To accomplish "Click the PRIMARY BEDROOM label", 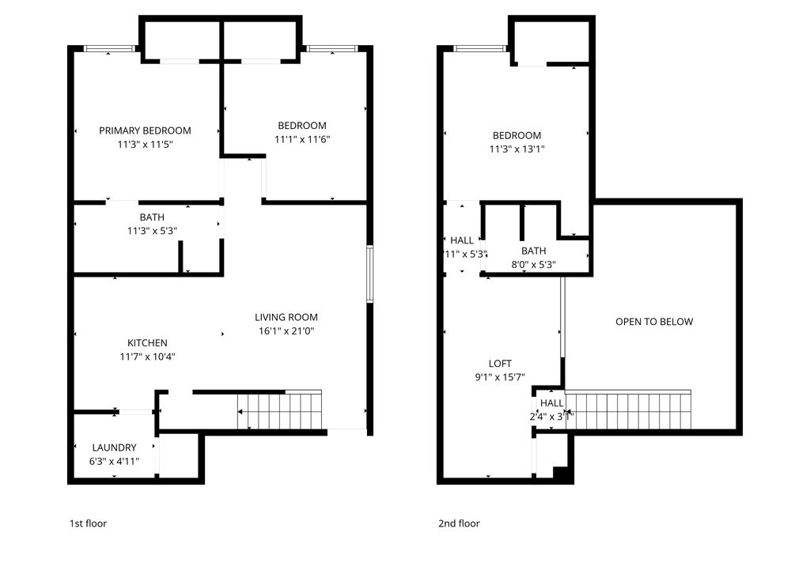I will pyautogui.click(x=145, y=130).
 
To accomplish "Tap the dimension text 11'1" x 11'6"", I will pyautogui.click(x=301, y=139).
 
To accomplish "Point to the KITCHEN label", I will pyautogui.click(x=147, y=343).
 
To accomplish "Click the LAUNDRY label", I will pyautogui.click(x=114, y=447).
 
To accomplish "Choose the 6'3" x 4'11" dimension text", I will pyautogui.click(x=114, y=461).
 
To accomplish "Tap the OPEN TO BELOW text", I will pyautogui.click(x=653, y=322).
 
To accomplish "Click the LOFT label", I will pyautogui.click(x=500, y=364).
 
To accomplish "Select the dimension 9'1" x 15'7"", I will pyautogui.click(x=500, y=377).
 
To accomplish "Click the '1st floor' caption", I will pyautogui.click(x=88, y=523).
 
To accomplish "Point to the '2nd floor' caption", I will pyautogui.click(x=459, y=523).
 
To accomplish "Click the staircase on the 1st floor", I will pyautogui.click(x=280, y=411).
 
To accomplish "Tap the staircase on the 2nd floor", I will pyautogui.click(x=628, y=410).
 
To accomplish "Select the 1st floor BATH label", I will pyautogui.click(x=152, y=217).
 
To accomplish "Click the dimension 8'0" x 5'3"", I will pyautogui.click(x=533, y=265).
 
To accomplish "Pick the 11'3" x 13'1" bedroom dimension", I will pyautogui.click(x=517, y=149).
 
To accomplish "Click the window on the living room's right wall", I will pyautogui.click(x=369, y=274).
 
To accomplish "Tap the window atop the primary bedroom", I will pyautogui.click(x=109, y=49).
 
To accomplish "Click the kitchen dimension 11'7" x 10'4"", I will pyautogui.click(x=147, y=357).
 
